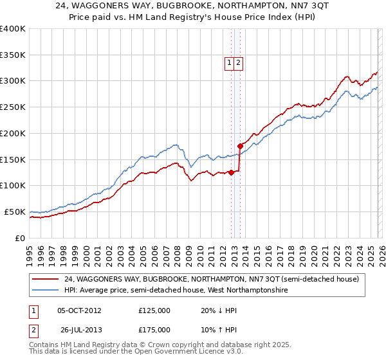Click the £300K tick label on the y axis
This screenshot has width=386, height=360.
pos(13,81)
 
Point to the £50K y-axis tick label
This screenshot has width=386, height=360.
pos(14,212)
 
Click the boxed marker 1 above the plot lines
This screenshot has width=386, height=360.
pos(229,62)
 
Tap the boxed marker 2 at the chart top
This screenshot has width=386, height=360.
pos(238,62)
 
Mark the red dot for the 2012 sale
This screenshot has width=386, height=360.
pos(231,172)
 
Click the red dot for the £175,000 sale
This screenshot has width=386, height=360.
pos(240,146)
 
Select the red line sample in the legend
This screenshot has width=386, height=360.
pos(46,279)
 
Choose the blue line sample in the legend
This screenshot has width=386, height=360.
pos(46,290)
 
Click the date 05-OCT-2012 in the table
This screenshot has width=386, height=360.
pos(79,310)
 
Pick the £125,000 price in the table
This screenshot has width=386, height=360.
pos(154,310)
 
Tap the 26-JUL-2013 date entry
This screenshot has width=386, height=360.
pos(79,329)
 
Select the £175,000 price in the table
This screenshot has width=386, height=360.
pos(154,329)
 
